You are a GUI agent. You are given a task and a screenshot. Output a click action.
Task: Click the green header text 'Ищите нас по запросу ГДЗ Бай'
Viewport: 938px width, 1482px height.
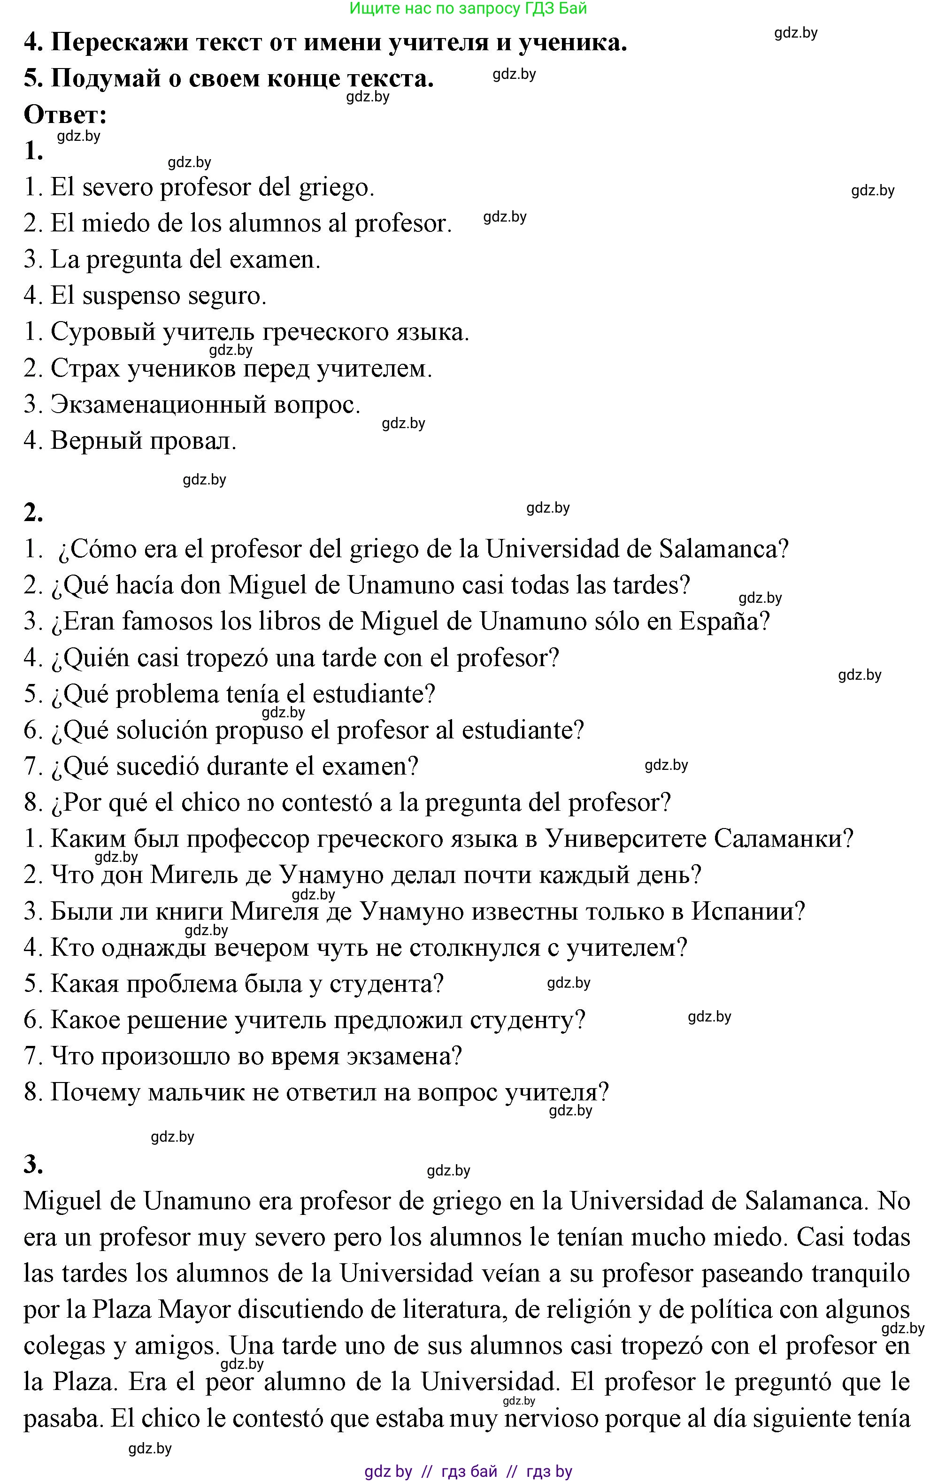coord(468,8)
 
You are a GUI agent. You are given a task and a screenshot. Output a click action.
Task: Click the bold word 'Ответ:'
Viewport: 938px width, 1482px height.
coord(65,115)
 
